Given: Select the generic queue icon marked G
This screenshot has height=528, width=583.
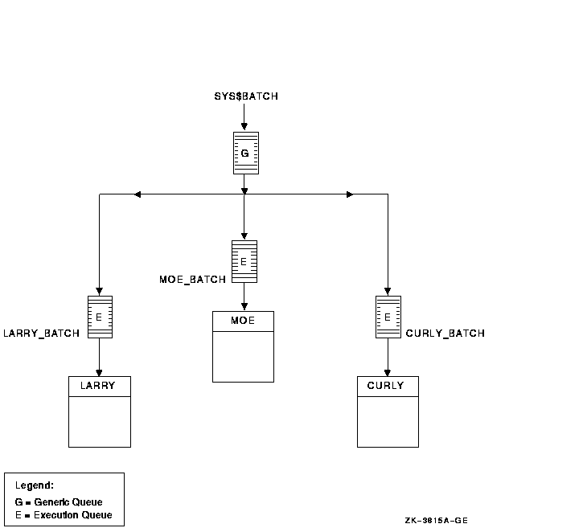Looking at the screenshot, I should (244, 153).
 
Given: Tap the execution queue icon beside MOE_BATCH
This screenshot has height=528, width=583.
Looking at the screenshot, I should (244, 261).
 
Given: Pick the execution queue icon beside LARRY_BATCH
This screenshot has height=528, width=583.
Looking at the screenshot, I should (99, 317).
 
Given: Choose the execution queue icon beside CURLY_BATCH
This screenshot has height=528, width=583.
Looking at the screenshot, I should (388, 317).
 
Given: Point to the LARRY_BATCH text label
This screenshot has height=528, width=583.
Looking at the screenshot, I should (42, 333).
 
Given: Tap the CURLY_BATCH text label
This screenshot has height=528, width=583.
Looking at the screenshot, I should (445, 333).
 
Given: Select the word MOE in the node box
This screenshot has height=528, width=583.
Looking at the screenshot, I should (243, 321).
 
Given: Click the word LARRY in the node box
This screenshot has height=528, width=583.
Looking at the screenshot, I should (99, 386).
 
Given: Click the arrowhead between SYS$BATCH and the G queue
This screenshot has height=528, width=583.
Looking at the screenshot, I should (244, 126).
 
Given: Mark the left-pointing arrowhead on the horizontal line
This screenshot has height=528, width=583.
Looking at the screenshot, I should (138, 194).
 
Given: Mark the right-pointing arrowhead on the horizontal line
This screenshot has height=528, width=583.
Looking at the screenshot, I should (350, 194).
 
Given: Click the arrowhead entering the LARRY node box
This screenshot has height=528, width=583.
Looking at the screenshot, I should (99, 372).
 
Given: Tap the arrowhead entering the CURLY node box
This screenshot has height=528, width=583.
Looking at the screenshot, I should (388, 372).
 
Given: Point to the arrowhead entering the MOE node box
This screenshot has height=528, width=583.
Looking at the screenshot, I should (244, 307).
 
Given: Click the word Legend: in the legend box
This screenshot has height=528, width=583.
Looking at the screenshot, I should (35, 485).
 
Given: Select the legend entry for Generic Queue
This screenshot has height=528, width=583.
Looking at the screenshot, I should (59, 502).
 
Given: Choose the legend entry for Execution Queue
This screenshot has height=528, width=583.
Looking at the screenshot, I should (64, 515).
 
